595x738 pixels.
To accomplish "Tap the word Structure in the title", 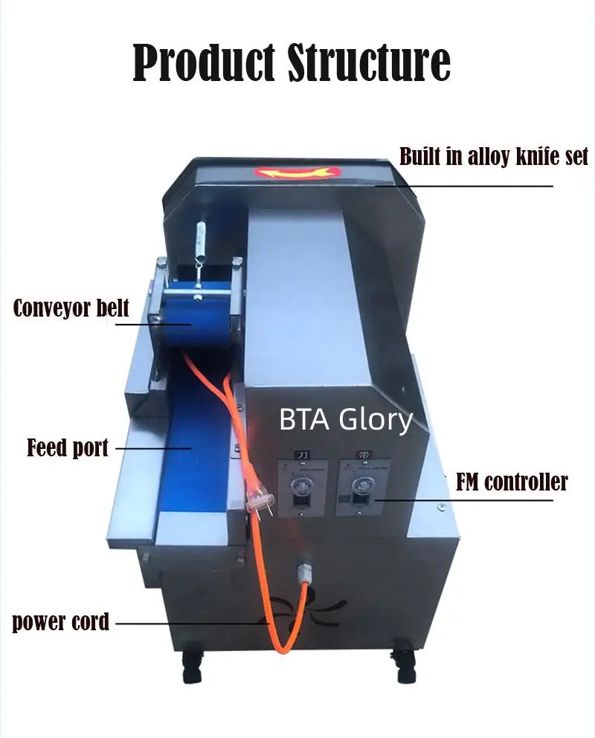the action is click(369, 62).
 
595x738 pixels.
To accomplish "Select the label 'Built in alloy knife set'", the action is click(493, 157).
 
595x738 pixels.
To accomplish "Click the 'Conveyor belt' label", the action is click(71, 308).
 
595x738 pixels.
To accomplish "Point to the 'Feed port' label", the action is click(68, 448).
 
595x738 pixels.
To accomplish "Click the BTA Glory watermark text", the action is click(345, 420).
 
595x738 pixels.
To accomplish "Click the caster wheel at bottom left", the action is click(192, 664).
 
